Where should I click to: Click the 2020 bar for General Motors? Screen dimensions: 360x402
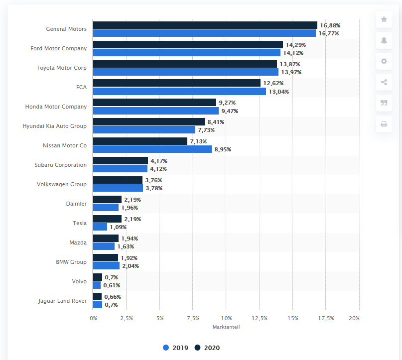point(205,25)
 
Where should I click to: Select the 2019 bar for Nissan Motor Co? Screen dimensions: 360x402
point(152,149)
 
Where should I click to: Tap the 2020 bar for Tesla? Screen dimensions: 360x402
point(107,219)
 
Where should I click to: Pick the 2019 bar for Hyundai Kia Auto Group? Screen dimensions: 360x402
point(144,130)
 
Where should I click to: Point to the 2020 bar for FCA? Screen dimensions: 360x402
point(176,83)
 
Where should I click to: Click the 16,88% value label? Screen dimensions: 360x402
point(330,25)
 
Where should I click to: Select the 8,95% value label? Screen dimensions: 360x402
point(223,149)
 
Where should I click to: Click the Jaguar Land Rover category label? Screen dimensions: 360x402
point(62,301)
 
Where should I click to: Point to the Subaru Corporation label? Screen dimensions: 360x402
point(60,165)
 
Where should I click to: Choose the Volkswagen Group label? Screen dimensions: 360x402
point(62,184)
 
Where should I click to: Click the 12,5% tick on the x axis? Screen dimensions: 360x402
point(260,318)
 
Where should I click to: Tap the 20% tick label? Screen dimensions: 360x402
point(354,318)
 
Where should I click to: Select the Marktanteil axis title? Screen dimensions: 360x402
point(226,327)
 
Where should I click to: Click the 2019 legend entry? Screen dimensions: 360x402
point(175,348)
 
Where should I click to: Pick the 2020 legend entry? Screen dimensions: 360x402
point(207,348)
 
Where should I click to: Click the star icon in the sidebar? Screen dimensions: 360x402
point(384,19)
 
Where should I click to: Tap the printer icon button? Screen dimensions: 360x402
point(384,124)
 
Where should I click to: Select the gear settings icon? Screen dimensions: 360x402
point(384,61)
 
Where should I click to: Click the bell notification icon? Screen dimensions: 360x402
point(384,40)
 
